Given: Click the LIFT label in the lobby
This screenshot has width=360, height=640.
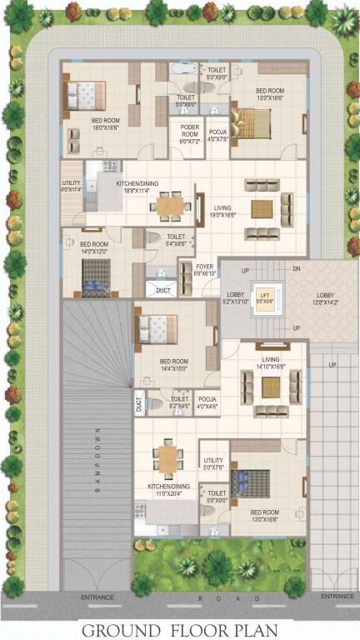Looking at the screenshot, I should [264, 297].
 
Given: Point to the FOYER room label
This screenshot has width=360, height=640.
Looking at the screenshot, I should [204, 269].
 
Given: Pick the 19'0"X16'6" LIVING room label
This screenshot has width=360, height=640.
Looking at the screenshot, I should [222, 211].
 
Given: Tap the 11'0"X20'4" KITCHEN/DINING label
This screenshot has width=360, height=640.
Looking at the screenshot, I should [169, 490].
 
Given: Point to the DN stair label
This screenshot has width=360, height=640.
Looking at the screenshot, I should [296, 269].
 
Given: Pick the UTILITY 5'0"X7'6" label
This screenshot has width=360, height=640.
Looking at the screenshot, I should [214, 463].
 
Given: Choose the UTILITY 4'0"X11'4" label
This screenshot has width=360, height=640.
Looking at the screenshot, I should [72, 187].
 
